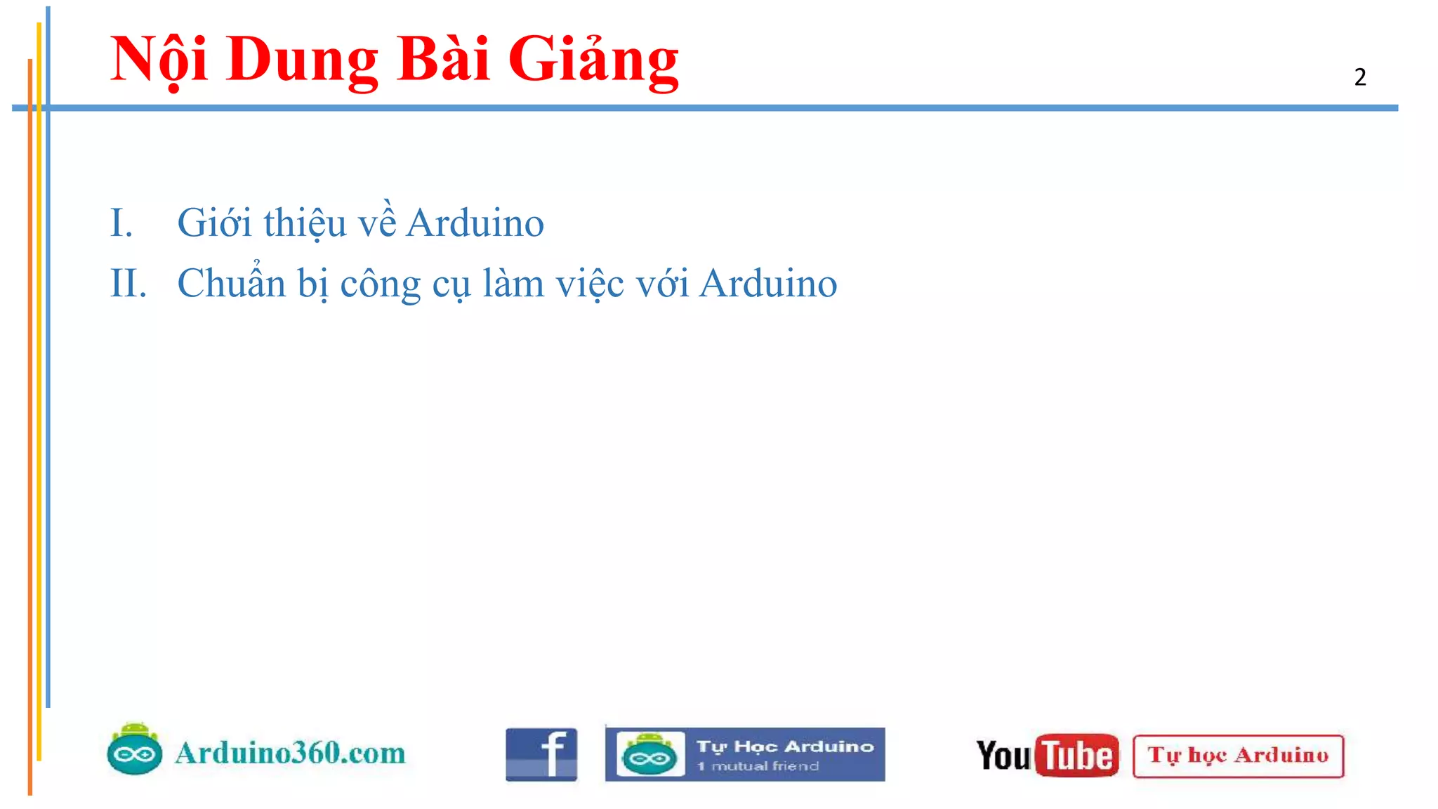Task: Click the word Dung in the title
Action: pos(302,60)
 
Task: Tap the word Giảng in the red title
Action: pos(593,60)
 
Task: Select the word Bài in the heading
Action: pos(442,59)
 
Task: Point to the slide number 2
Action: pos(1360,77)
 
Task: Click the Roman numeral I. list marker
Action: pos(121,223)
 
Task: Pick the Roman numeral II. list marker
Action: pos(128,284)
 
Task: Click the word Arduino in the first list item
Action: pos(475,223)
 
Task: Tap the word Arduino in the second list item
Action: pos(768,284)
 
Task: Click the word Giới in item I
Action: pos(214,223)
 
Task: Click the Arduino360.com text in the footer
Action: pos(290,753)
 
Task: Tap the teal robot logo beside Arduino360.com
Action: pos(135,750)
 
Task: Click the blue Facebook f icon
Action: pos(541,755)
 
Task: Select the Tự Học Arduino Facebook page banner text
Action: pos(785,746)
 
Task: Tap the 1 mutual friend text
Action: pos(758,766)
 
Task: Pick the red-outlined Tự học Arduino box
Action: pos(1238,756)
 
